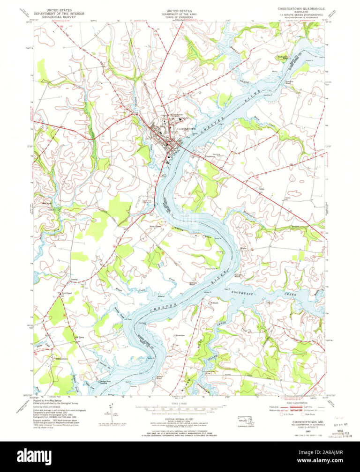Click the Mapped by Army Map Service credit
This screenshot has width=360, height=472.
46,401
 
